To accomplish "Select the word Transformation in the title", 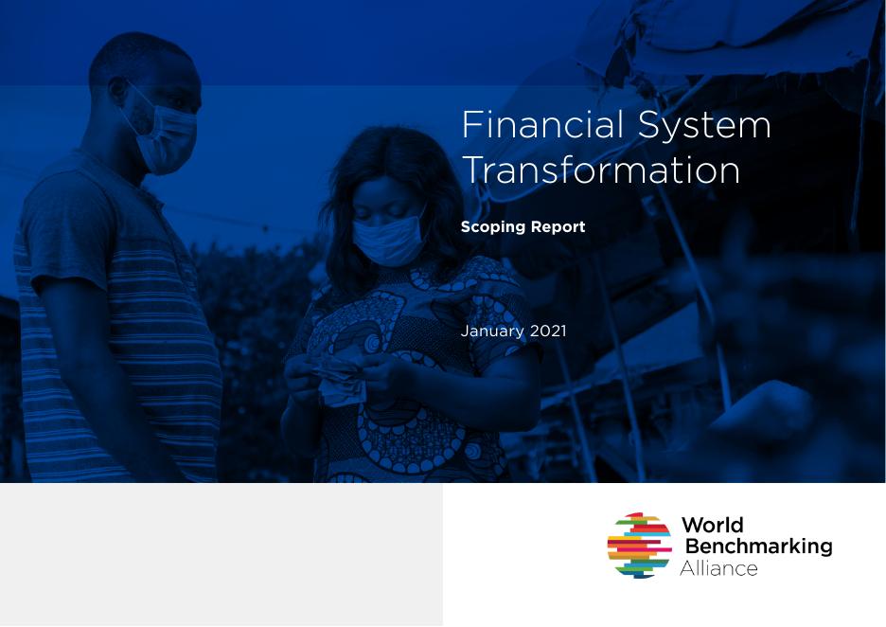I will click(x=600, y=170).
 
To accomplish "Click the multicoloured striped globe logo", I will click(x=639, y=546).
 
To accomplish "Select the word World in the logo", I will click(x=712, y=526).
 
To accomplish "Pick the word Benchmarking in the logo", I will click(x=757, y=546).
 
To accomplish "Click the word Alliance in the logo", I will click(x=718, y=568).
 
